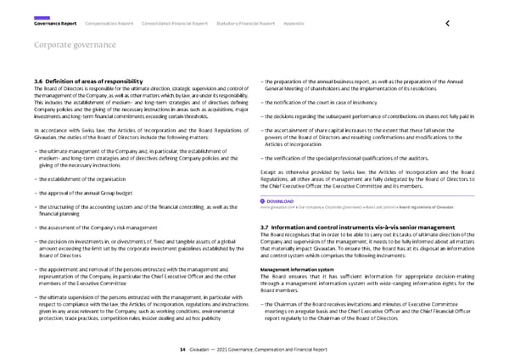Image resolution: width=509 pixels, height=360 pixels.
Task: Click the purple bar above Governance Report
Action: [x=41, y=16]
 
